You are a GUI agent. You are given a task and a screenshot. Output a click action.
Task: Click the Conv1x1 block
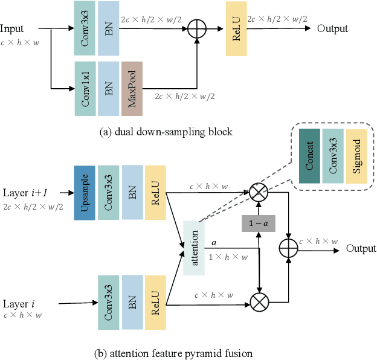85,88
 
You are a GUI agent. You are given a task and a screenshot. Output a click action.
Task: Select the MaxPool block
132,88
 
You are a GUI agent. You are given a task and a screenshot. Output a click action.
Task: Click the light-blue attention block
194,248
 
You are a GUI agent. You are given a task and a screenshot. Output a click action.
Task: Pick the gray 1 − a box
259,224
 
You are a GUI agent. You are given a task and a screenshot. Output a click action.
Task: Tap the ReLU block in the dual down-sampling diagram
236,29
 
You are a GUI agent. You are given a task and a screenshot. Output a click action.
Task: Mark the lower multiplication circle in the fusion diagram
259,301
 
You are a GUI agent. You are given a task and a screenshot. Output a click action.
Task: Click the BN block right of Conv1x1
109,88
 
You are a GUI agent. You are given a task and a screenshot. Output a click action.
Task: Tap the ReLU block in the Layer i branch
156,301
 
